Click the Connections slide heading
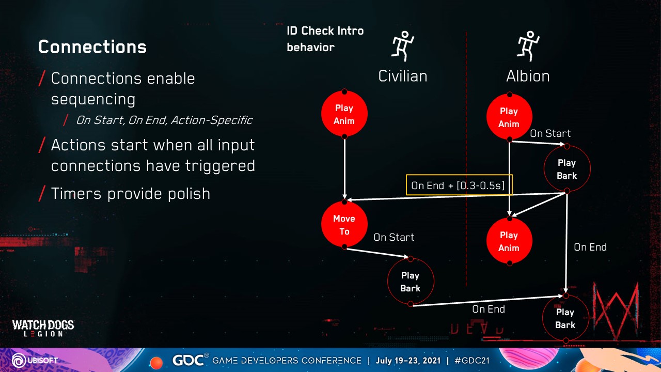click(92, 47)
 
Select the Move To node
click(344, 224)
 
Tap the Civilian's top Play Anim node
click(344, 114)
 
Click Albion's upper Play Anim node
click(509, 117)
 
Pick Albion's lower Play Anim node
click(509, 241)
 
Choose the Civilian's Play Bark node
click(411, 282)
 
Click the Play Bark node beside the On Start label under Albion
click(567, 168)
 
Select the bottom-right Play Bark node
click(565, 318)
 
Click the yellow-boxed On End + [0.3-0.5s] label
click(459, 185)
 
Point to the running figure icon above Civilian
click(403, 46)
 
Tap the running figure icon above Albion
click(528, 46)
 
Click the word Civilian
click(403, 76)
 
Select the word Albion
click(528, 76)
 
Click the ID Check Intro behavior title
click(325, 39)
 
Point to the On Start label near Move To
click(394, 237)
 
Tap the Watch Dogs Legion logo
click(43, 328)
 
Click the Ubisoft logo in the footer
click(35, 361)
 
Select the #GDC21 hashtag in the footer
click(472, 361)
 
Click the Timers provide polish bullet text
click(131, 194)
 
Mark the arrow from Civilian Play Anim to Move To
click(344, 168)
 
